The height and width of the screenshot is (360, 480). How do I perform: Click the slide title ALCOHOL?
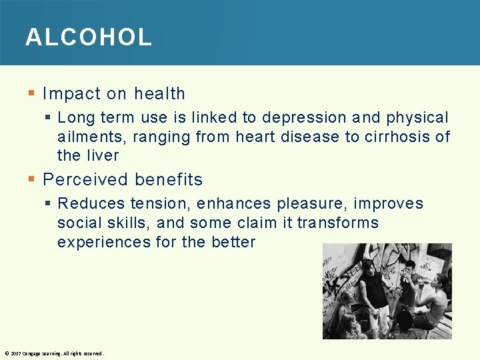(x=89, y=37)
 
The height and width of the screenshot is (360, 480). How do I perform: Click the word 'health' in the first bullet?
(x=159, y=94)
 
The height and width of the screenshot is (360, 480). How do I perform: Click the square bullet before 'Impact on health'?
(x=32, y=94)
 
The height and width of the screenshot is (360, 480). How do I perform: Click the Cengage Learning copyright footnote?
(x=54, y=353)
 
